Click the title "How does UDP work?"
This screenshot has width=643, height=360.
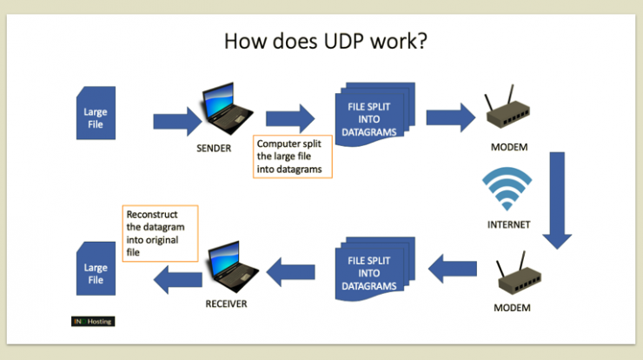click(326, 42)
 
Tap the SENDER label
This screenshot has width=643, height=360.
click(214, 148)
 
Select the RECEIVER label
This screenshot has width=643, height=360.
click(227, 303)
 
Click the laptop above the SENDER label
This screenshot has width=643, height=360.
click(227, 109)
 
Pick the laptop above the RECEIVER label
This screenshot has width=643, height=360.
click(233, 267)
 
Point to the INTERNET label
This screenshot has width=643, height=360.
click(508, 224)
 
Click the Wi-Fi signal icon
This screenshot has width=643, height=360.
click(507, 189)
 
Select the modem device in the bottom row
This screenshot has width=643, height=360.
click(519, 272)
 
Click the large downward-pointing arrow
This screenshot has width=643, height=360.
click(557, 200)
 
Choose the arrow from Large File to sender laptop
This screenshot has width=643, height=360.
click(177, 122)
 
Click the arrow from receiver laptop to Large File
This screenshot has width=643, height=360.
click(177, 279)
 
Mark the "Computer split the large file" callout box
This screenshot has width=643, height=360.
click(292, 157)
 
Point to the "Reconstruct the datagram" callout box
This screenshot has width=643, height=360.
click(161, 233)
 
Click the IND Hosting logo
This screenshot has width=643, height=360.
click(93, 322)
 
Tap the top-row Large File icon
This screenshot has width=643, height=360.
click(96, 113)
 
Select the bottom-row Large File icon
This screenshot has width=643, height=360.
click(96, 269)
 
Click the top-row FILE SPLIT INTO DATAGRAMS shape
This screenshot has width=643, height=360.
click(375, 114)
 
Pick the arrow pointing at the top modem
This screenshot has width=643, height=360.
click(451, 117)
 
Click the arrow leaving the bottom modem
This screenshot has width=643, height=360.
click(453, 269)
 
